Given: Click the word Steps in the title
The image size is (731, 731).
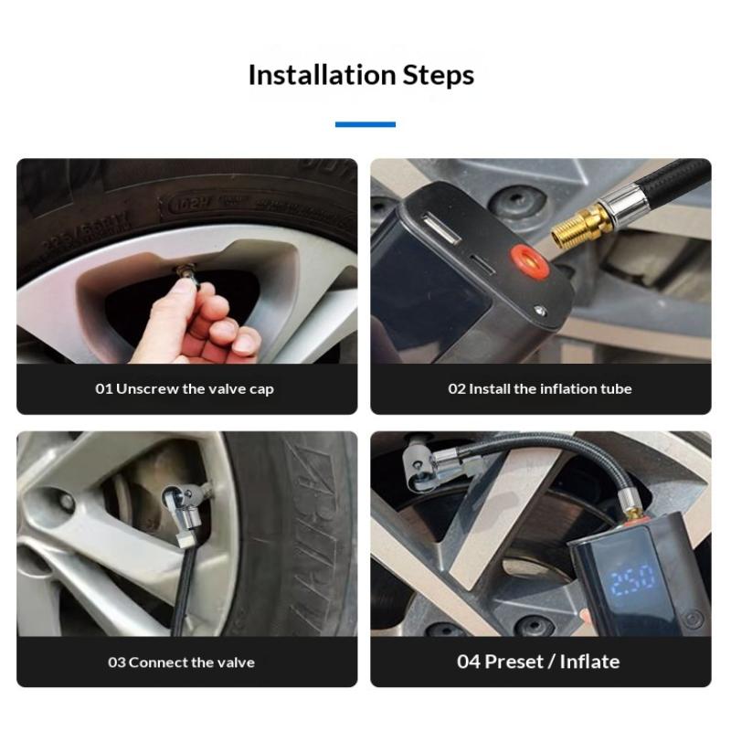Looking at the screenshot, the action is [439, 76].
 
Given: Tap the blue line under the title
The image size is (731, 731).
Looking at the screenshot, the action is [365, 124].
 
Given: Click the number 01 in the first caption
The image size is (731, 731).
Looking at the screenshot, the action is [103, 389].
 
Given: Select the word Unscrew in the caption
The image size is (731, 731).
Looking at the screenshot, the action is [147, 389].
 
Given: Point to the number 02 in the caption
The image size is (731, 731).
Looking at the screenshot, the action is [457, 389].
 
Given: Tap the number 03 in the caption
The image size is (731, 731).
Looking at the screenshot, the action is [117, 662].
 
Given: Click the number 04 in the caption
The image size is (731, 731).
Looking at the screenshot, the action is [469, 662].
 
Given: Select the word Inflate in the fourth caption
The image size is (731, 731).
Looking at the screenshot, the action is [589, 662].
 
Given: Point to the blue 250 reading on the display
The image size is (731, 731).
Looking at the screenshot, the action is [632, 580].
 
